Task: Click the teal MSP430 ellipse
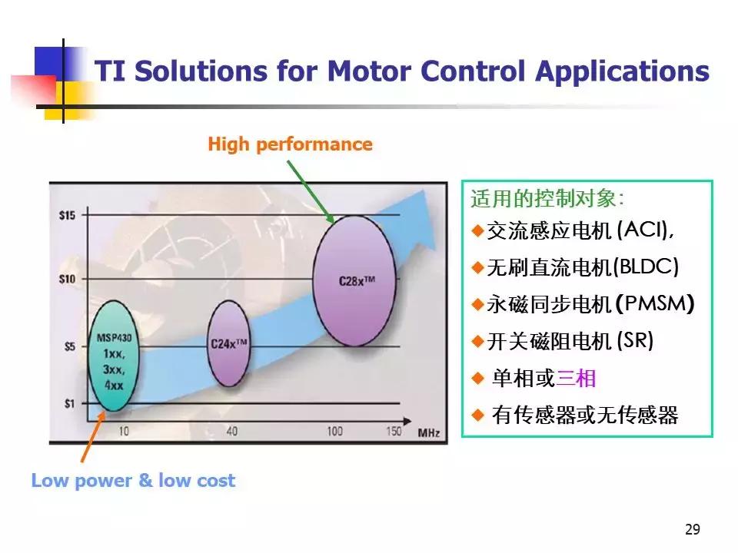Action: (114, 356)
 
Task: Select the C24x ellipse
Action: (228, 344)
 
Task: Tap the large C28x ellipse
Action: (354, 281)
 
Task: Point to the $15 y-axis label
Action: (68, 215)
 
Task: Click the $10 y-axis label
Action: (68, 280)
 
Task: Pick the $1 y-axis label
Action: (70, 403)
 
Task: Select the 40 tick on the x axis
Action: (231, 431)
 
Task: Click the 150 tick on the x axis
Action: (394, 431)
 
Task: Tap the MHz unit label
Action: (429, 432)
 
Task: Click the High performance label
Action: (290, 144)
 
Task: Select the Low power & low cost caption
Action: (133, 480)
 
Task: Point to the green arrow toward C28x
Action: (311, 191)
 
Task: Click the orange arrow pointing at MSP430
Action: (93, 436)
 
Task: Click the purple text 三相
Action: (576, 378)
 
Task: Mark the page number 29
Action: (693, 529)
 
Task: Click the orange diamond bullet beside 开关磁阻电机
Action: (477, 341)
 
